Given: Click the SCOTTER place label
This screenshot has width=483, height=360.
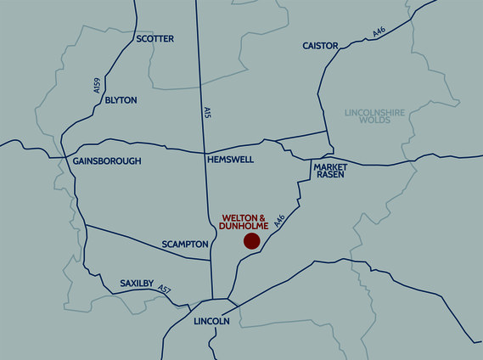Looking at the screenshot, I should click(x=154, y=39).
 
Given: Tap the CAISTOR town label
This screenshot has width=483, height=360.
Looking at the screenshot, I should click(x=320, y=45).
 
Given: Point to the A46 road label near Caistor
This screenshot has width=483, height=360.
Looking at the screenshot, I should click(x=379, y=32).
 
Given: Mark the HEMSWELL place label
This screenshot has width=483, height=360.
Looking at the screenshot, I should click(x=230, y=160).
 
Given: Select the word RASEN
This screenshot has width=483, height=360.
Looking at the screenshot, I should click(x=329, y=177).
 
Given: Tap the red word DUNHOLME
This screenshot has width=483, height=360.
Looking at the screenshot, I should click(x=244, y=227).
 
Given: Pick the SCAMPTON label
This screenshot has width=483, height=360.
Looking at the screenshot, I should click(x=185, y=245).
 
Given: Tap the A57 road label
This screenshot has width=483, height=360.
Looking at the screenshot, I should click(x=164, y=290).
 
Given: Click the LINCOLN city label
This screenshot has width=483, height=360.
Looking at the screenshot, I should click(x=211, y=322).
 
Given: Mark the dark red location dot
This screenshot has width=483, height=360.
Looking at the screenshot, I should click(x=251, y=242).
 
